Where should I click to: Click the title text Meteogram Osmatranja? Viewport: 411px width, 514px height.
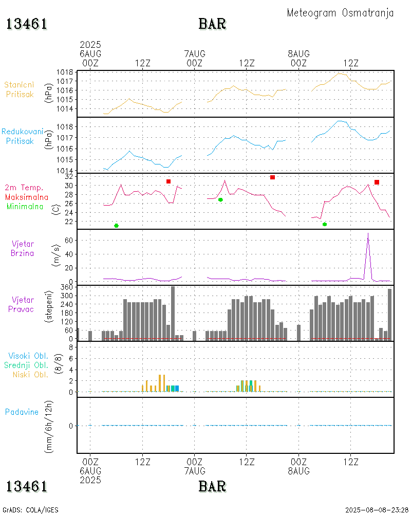click(x=340, y=13)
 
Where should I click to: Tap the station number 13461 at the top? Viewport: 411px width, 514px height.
click(x=27, y=24)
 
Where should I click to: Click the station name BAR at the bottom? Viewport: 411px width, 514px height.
click(x=212, y=486)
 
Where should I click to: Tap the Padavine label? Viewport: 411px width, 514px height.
click(x=22, y=412)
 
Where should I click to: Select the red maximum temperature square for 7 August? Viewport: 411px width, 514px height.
click(x=273, y=177)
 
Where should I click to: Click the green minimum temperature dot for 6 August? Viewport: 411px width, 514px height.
click(x=116, y=226)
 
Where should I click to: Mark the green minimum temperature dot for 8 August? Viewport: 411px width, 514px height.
click(x=325, y=224)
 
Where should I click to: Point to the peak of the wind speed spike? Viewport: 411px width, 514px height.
click(x=368, y=233)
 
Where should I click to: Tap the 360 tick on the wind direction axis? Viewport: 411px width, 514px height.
click(x=67, y=287)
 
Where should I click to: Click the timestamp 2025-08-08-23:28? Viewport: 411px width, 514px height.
click(x=377, y=510)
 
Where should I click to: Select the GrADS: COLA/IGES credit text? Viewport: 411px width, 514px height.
click(x=31, y=510)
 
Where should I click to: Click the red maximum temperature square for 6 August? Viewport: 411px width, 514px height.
click(x=169, y=181)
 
